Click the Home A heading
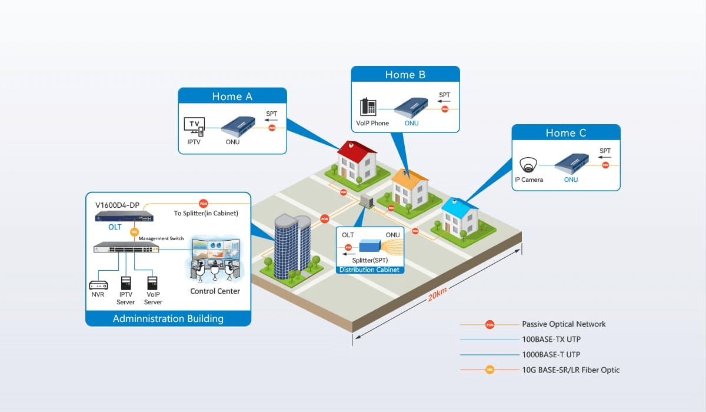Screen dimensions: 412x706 coord(232,97)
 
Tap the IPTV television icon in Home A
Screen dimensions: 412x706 coord(194,126)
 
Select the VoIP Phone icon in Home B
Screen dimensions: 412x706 coord(368,107)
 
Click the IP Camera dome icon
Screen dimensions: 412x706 coord(527,164)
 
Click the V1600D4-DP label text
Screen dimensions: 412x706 coord(118,205)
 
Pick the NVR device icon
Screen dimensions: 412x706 coord(98,284)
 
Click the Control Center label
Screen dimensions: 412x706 coord(215,291)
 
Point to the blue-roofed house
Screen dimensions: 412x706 coord(459,218)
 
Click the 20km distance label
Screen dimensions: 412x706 coord(438,295)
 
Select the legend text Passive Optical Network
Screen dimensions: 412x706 coord(564,324)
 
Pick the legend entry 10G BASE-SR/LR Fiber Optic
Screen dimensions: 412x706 coord(571,370)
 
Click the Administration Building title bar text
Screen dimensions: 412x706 coord(168,318)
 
